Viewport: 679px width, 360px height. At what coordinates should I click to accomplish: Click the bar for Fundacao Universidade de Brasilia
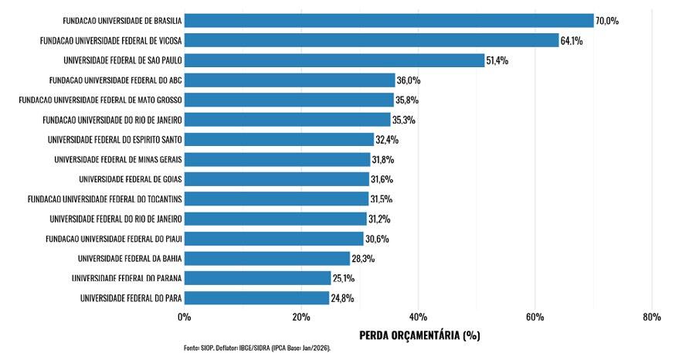pos(389,20)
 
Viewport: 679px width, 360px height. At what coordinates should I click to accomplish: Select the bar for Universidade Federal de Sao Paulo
pos(334,60)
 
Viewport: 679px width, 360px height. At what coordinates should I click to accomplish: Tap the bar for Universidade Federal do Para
pos(256,298)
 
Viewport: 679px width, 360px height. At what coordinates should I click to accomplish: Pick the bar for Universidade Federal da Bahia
pos(267,259)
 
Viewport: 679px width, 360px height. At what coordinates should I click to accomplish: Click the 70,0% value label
pos(607,21)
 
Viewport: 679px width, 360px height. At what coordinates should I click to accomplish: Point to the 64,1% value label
pos(572,41)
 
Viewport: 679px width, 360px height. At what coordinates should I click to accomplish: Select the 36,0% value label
pos(409,80)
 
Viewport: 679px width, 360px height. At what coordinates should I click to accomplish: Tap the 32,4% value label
pos(387,140)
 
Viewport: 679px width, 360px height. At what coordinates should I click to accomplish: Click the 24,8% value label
pos(342,298)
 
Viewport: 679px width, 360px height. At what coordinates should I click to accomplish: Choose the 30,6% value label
pos(377,239)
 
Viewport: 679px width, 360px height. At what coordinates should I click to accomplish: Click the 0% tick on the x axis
pos(184,317)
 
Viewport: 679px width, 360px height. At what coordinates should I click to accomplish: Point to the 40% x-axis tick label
pos(418,317)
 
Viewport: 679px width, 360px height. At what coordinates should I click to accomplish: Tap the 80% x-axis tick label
pos(652,317)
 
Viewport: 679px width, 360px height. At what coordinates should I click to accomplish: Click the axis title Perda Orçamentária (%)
pos(419,335)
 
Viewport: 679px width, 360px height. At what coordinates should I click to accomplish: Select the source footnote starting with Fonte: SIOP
pos(257,348)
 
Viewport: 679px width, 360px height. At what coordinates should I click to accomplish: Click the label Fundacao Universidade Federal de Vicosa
pos(111,41)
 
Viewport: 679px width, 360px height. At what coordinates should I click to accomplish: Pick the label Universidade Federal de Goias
pos(131,179)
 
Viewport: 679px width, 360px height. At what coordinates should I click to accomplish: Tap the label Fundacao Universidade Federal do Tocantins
pos(105,199)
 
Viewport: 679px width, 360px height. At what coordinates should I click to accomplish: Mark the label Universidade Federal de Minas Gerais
pos(118,159)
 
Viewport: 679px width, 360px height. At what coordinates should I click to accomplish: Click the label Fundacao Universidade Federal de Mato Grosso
pos(100,100)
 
